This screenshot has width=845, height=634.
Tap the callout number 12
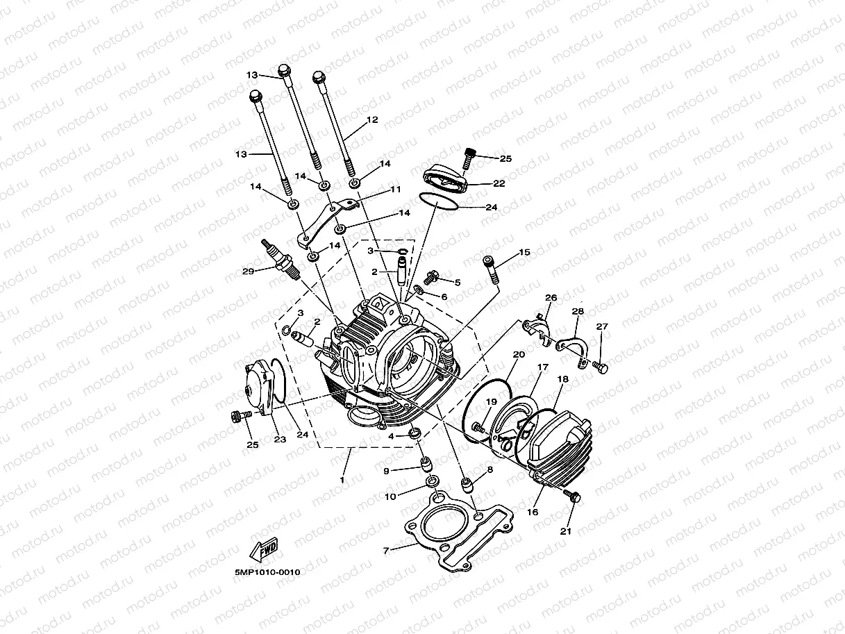click(371, 120)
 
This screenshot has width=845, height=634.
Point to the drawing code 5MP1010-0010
click(267, 573)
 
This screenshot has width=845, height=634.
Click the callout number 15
click(524, 252)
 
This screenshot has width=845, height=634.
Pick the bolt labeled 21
click(572, 496)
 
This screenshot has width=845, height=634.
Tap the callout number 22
click(499, 183)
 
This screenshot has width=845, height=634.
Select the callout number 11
click(396, 189)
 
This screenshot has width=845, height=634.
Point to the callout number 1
click(342, 480)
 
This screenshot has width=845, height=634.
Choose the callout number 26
click(551, 298)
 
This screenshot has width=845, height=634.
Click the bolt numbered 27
click(599, 366)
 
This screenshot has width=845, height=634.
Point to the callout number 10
click(390, 497)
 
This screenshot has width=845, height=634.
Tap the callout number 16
click(533, 512)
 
